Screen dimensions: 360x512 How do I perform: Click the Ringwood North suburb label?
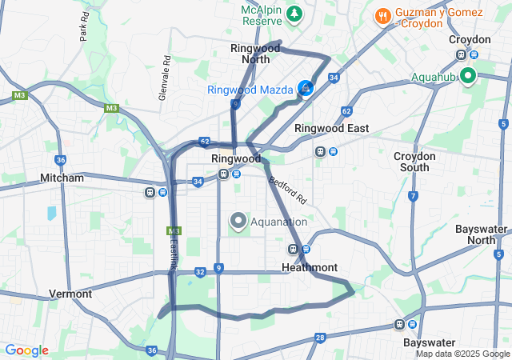pyautogui.click(x=256, y=54)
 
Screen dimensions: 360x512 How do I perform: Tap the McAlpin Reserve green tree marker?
pyautogui.click(x=295, y=14)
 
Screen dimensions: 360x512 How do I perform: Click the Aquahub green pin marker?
pyautogui.click(x=467, y=77)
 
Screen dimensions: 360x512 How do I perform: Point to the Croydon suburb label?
pyautogui.click(x=470, y=39)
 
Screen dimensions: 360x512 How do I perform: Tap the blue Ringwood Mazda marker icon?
pyautogui.click(x=305, y=88)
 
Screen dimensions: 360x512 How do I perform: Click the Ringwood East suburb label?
pyautogui.click(x=331, y=128)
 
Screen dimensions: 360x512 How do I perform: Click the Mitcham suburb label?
pyautogui.click(x=62, y=178)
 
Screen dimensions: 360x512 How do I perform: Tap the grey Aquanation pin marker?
pyautogui.click(x=238, y=221)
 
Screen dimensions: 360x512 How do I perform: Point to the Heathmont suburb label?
pyautogui.click(x=310, y=267)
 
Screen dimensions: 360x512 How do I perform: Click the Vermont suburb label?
pyautogui.click(x=70, y=294)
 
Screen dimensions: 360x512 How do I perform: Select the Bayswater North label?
pyautogui.click(x=482, y=234)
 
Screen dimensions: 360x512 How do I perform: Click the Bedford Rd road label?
pyautogui.click(x=287, y=190)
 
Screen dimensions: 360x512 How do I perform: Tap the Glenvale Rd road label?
pyautogui.click(x=166, y=72)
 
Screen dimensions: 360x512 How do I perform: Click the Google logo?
pyautogui.click(x=26, y=350)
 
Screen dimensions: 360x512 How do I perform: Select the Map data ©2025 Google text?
pyautogui.click(x=462, y=354)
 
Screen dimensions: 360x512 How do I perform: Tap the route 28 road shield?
pyautogui.click(x=320, y=338)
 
